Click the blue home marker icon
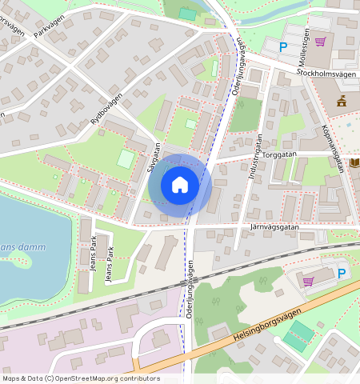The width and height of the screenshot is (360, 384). click(180, 186)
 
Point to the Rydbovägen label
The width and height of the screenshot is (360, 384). click(106, 107)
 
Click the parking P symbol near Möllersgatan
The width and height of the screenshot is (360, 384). click(282, 47)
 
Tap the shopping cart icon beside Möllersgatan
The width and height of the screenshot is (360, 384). click(320, 42)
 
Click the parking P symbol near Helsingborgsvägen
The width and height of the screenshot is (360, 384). click(342, 274)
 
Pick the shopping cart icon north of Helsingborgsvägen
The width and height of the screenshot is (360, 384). click(308, 281)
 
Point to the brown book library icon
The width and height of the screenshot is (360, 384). click(354, 162)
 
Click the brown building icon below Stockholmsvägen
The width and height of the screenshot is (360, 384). click(342, 101)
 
